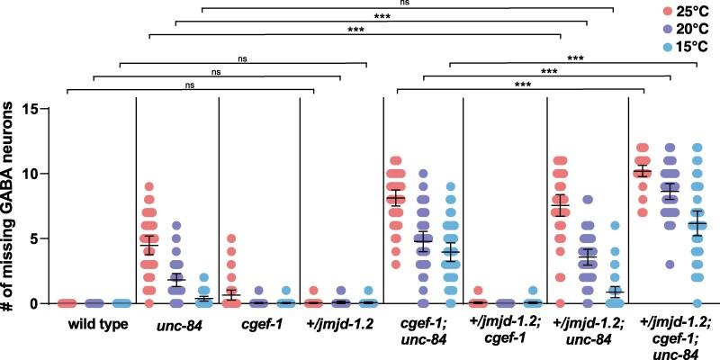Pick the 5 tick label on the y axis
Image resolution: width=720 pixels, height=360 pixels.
pyautogui.click(x=41, y=238)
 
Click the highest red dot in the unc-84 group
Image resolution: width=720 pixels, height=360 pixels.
pyautogui.click(x=149, y=186)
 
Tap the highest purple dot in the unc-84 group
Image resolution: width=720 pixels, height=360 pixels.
pyautogui.click(x=177, y=226)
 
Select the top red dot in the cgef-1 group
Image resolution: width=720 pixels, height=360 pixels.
pyautogui.click(x=230, y=238)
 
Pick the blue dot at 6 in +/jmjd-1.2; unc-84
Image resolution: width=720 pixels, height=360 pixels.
pyautogui.click(x=615, y=226)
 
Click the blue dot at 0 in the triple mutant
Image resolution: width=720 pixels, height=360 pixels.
pyautogui.click(x=696, y=303)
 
